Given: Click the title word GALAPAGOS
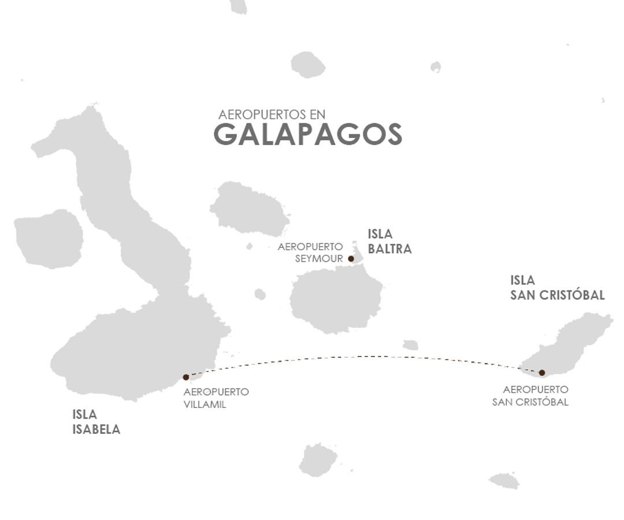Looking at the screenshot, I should (308, 135).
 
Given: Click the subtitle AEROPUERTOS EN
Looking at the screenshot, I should (268, 114).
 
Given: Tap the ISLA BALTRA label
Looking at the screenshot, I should (389, 242).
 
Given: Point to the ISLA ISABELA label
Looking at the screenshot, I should (96, 422).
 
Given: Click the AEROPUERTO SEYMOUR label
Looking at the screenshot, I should (310, 252).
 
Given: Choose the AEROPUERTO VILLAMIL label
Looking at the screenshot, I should (216, 398).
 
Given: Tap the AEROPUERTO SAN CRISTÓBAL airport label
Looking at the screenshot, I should (530, 396).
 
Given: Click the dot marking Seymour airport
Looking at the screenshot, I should (351, 259).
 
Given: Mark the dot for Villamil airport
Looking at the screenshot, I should (185, 377).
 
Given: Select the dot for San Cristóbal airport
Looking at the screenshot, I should (542, 373).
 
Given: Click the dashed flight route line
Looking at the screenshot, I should (358, 356).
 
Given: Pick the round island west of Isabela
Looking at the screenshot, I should (49, 239).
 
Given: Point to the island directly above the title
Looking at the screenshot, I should (307, 64).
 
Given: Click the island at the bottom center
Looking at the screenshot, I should (318, 459).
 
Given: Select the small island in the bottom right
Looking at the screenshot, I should (504, 480).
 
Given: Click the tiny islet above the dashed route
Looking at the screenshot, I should (410, 345).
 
